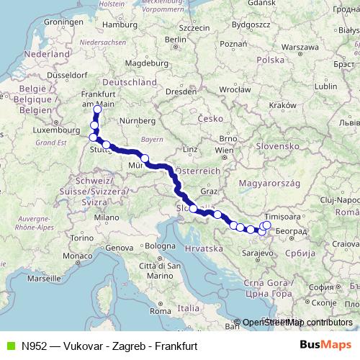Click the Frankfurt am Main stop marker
click(97, 109)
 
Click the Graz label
click(210, 192)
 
